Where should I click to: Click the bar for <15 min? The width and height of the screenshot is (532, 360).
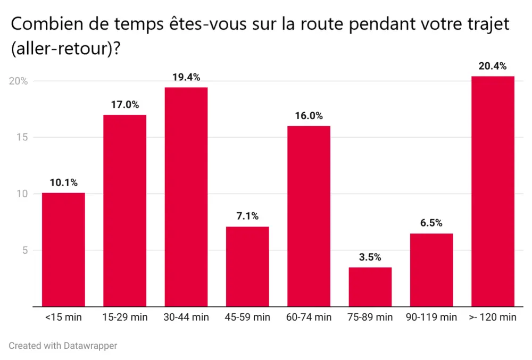[x=63, y=249]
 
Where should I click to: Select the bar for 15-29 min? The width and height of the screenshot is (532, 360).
[x=124, y=211]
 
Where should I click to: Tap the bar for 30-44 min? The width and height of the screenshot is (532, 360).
[x=186, y=197]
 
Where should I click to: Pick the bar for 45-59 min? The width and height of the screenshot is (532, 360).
[x=247, y=266]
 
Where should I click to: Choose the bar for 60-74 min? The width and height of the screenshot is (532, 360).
[x=309, y=216]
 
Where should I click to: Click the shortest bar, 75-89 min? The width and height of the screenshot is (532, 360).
[x=370, y=287]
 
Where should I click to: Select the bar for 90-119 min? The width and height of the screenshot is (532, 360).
[x=431, y=270]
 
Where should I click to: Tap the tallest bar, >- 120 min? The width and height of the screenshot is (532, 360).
[x=493, y=191]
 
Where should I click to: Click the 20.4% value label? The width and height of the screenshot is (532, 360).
[x=493, y=66]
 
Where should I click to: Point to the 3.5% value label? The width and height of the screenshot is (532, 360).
[x=370, y=257]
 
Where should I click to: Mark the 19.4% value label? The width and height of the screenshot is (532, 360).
[x=186, y=77]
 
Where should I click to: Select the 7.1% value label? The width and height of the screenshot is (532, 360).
[x=247, y=216]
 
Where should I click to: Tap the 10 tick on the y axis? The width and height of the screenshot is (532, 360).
[x=22, y=194]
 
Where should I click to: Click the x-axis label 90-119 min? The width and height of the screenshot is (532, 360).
[x=431, y=317]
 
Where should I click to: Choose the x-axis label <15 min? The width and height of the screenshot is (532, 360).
[x=63, y=317]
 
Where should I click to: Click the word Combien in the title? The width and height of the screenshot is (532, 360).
[x=41, y=24]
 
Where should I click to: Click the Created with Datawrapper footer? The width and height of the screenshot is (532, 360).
[x=63, y=346]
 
